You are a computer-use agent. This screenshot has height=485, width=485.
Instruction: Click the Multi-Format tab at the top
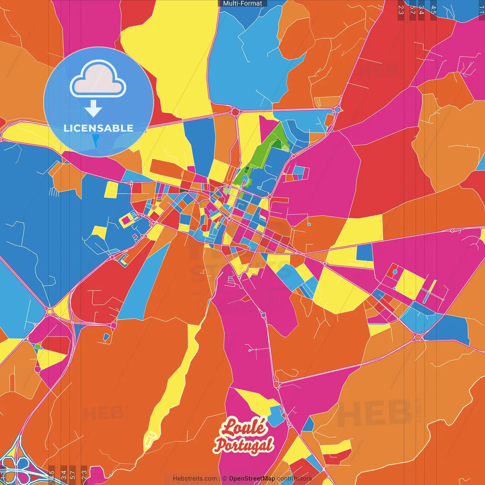click(242, 3)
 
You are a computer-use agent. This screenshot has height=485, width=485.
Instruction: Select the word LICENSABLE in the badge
click(99, 128)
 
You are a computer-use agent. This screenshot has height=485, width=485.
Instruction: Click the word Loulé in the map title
click(244, 427)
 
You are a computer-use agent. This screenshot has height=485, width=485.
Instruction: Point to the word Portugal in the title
click(243, 444)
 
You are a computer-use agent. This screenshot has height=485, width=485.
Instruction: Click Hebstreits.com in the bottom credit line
click(195, 479)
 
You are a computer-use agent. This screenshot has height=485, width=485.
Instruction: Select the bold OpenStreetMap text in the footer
click(252, 479)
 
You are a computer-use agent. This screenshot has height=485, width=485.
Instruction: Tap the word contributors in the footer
click(294, 479)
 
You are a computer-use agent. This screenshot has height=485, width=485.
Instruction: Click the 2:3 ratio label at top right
click(401, 10)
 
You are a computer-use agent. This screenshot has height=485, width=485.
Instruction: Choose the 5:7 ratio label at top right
click(412, 10)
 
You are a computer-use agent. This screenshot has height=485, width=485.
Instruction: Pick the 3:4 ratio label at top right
click(421, 10)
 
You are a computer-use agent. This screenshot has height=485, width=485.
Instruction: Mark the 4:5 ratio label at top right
click(433, 10)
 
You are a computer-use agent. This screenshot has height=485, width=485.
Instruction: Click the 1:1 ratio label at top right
click(481, 10)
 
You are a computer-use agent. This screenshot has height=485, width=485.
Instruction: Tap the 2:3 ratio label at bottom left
click(84, 474)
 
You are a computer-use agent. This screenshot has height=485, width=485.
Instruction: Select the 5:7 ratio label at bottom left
click(73, 474)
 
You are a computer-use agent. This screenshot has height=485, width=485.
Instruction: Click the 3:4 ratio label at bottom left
click(64, 474)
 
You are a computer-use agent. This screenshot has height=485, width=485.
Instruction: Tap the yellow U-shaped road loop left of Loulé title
click(150, 439)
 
